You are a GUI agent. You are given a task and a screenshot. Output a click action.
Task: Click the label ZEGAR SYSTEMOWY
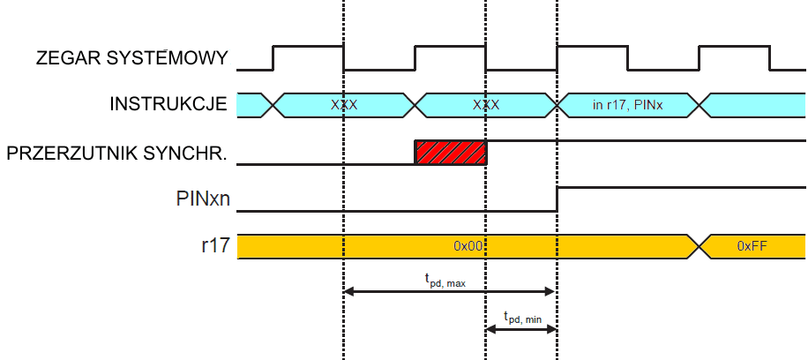(x=132, y=59)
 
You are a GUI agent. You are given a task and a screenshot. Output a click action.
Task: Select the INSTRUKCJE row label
(x=168, y=104)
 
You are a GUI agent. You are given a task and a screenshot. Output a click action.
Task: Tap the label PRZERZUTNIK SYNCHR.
(x=116, y=153)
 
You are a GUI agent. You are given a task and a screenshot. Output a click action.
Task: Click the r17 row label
(x=215, y=246)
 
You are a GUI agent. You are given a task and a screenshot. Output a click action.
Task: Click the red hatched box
(x=450, y=152)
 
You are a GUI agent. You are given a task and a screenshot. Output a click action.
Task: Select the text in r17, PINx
(x=627, y=104)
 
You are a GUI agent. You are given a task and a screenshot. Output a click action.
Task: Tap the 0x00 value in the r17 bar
(x=468, y=246)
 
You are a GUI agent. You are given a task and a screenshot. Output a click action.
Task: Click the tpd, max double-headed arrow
(x=450, y=291)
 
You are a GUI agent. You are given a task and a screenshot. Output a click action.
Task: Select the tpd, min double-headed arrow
(x=521, y=329)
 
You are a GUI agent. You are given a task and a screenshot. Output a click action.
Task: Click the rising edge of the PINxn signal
(x=557, y=199)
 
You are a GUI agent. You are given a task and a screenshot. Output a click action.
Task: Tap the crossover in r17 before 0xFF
(x=700, y=246)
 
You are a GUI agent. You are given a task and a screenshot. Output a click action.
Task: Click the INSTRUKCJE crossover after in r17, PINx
(x=700, y=104)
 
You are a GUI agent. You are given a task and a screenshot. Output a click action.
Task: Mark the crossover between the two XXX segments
(x=415, y=104)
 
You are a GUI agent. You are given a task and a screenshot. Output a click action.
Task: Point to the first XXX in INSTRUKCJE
(x=344, y=104)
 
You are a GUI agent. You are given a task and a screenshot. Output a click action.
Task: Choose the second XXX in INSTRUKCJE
(x=486, y=104)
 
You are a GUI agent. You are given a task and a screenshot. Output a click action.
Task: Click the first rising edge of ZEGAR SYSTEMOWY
(x=273, y=58)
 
